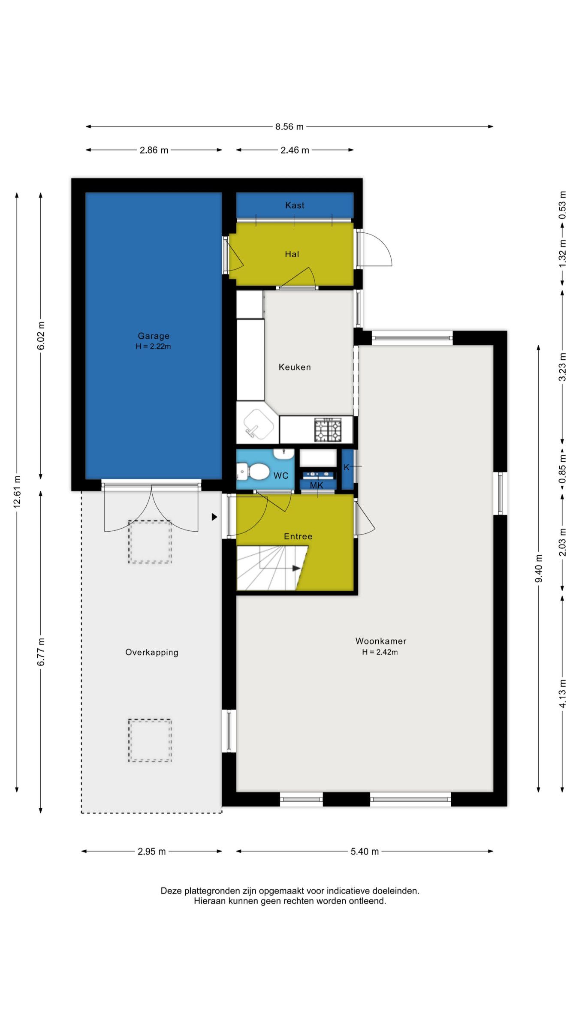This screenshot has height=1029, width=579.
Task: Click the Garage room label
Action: click(x=154, y=336)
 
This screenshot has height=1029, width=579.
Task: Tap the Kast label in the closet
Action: click(x=295, y=205)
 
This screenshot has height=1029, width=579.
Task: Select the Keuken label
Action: click(x=295, y=367)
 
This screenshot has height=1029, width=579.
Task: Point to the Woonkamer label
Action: click(x=381, y=641)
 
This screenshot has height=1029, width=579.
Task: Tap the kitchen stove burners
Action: click(x=328, y=430)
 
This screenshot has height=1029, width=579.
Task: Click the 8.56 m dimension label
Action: click(x=289, y=127)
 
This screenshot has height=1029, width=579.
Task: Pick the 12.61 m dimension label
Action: click(x=17, y=492)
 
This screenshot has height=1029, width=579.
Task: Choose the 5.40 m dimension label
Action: click(x=365, y=851)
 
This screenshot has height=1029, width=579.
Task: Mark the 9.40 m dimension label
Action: click(x=539, y=569)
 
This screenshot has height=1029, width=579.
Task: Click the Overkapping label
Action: click(x=152, y=653)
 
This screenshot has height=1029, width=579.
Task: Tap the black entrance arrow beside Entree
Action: click(x=214, y=517)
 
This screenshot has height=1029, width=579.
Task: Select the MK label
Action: click(x=317, y=485)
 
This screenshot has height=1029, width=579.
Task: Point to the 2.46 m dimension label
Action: click(x=295, y=150)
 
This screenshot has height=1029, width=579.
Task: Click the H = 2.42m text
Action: click(x=380, y=652)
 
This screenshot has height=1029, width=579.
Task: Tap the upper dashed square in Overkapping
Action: click(x=150, y=542)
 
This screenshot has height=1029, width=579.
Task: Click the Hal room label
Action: click(x=292, y=254)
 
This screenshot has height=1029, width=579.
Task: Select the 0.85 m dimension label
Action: click(x=563, y=469)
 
